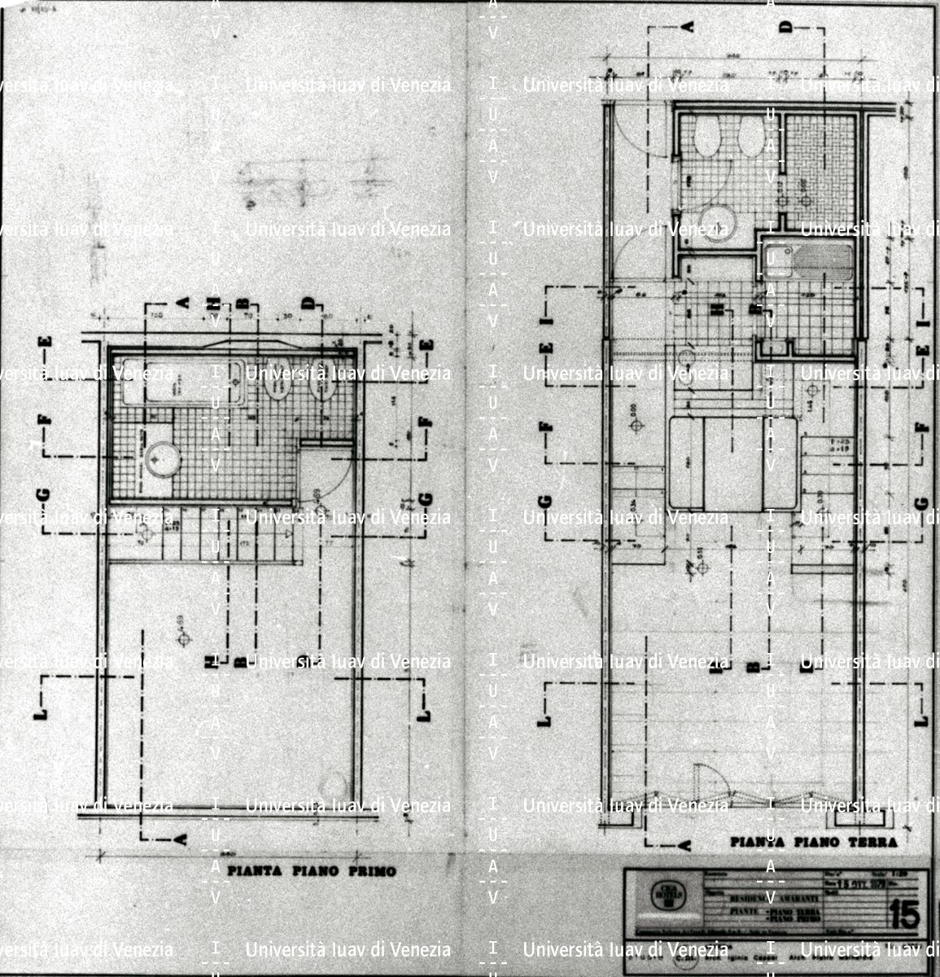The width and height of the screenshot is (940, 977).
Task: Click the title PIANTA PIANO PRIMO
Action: click(311, 871)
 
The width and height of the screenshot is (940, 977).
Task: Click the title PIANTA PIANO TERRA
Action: click(813, 842)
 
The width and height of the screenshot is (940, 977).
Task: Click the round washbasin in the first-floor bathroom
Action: click(160, 459)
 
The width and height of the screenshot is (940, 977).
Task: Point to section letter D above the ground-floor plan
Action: click(785, 27)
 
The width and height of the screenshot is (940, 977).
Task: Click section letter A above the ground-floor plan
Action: click(688, 27)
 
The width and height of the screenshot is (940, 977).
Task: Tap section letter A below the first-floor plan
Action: click(181, 839)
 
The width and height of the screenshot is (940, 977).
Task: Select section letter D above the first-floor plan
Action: click(308, 303)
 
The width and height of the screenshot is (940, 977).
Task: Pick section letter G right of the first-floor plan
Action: click(426, 500)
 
